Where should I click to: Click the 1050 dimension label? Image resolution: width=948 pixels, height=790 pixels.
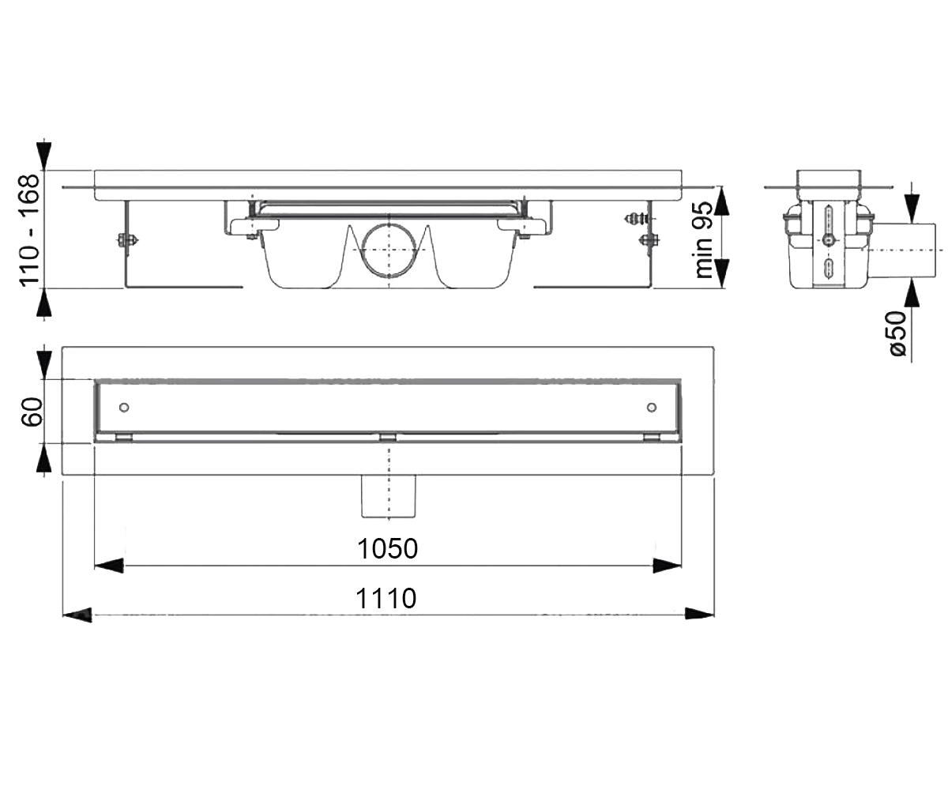coord(387,549)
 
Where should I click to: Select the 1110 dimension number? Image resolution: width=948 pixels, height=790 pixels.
coord(386,598)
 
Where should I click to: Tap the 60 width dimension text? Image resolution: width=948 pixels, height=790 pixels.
coord(32,412)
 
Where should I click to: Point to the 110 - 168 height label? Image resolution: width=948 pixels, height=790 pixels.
coord(29,230)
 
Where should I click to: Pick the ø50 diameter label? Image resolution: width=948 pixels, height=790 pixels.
coord(897,333)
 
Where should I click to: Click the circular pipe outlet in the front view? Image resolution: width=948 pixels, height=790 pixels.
coord(389,250)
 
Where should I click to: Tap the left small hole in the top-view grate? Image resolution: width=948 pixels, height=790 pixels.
coord(124,408)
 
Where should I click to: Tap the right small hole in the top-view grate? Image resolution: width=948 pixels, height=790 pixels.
coord(652,408)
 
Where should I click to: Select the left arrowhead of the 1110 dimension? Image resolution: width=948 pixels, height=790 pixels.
coord(77,615)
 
